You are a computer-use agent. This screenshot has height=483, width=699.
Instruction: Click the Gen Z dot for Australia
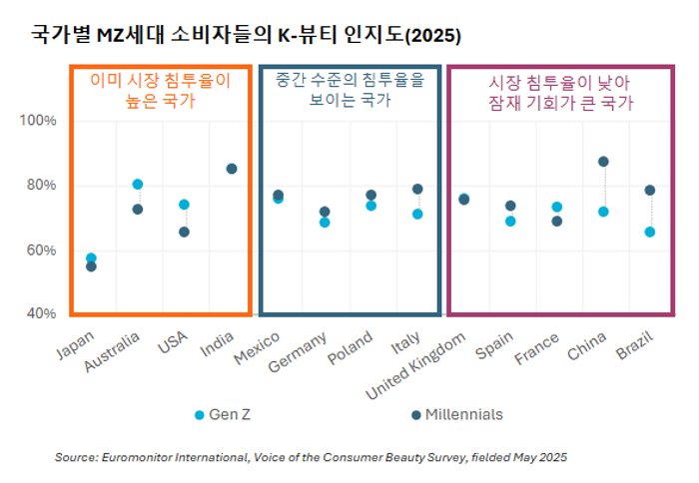coord(138,185)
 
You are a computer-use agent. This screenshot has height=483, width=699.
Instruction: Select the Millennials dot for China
coord(603,162)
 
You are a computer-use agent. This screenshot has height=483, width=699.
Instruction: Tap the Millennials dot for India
coord(232,169)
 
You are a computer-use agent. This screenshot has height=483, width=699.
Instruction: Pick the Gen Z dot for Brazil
coord(650,232)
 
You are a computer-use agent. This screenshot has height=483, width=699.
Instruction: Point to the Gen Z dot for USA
coord(184,205)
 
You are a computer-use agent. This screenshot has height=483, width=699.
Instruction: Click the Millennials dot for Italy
coord(417,189)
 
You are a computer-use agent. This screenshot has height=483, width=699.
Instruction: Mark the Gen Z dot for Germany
coord(325,223)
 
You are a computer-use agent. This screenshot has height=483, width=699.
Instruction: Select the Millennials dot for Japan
coord(91,266)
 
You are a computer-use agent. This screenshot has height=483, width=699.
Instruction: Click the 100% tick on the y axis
coord(41,121)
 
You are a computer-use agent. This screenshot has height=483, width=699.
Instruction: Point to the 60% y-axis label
coord(41,249)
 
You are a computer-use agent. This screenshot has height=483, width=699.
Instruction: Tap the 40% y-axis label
coord(41,313)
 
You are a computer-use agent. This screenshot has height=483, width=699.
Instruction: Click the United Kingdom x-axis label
coord(418,365)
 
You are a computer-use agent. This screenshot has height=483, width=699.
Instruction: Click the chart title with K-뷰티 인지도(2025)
coord(245,35)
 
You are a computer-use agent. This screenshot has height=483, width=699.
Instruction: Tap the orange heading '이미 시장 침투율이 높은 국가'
coord(160,91)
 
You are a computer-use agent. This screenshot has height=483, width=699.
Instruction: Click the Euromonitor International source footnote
coord(311,457)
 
